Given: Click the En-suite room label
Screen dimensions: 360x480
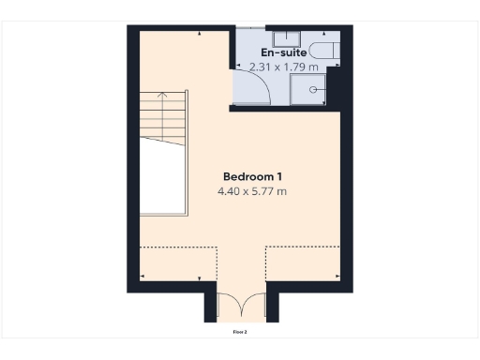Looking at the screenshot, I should click(290, 53).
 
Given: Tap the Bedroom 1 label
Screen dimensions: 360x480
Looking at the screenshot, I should click(252, 176).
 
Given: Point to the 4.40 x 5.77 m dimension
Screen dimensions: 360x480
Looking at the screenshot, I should click(252, 191).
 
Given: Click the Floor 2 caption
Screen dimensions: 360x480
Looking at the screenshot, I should click(240, 331).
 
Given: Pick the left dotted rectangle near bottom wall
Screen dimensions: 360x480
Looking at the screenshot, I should click(178, 263).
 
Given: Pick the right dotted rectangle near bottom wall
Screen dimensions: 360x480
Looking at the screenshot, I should click(303, 263).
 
